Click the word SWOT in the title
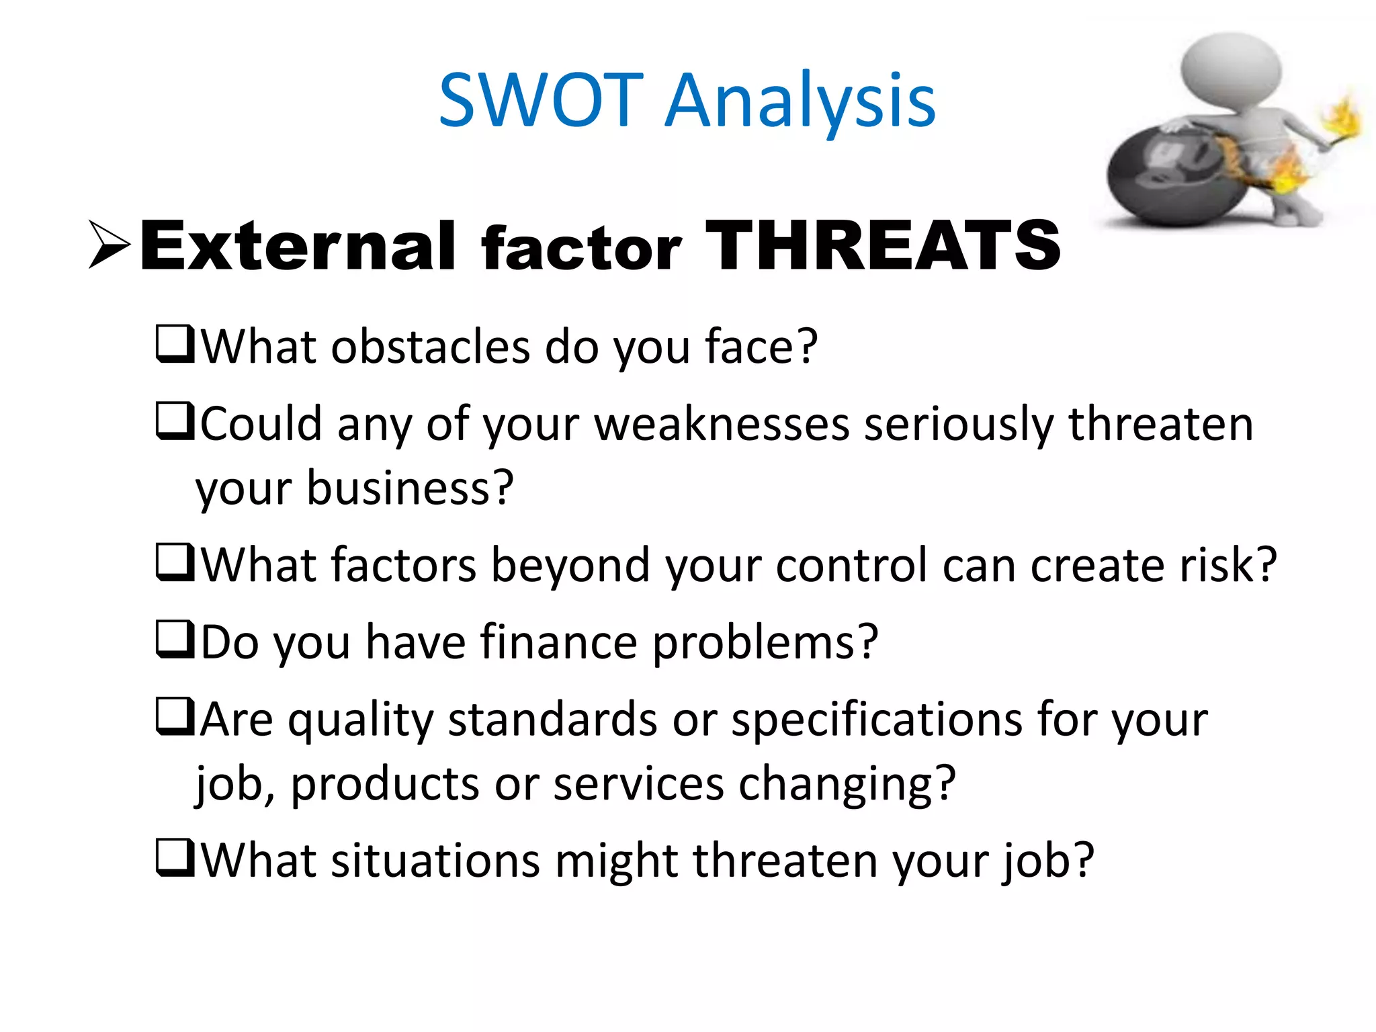(x=542, y=101)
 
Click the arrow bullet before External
(x=110, y=245)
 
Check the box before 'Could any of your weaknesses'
(x=175, y=421)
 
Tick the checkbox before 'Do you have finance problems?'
(x=175, y=640)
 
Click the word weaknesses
(x=722, y=425)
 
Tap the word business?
(x=410, y=488)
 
